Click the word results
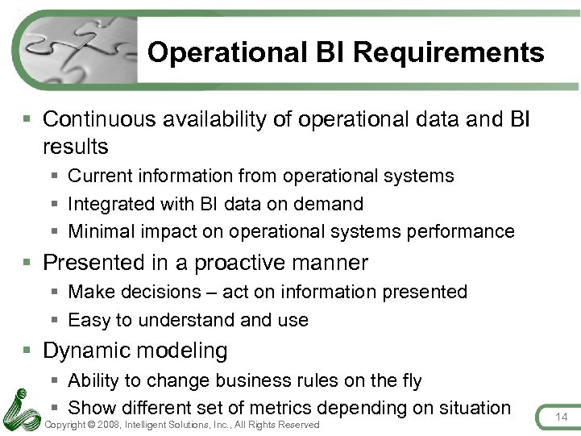[x=75, y=147]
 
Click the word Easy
[x=89, y=320]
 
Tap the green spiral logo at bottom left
[x=21, y=408]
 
